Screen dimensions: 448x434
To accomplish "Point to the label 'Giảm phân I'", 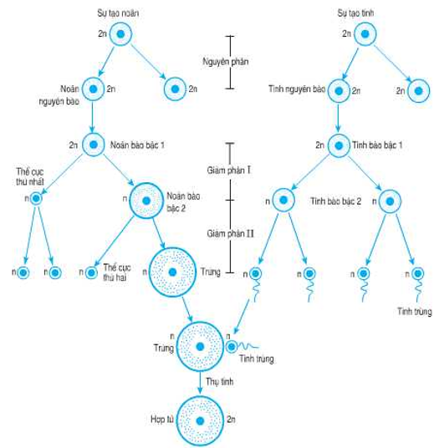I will click(x=229, y=170).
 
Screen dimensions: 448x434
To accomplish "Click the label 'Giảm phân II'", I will click(x=230, y=232).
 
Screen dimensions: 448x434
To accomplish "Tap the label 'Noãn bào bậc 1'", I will click(x=138, y=145).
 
